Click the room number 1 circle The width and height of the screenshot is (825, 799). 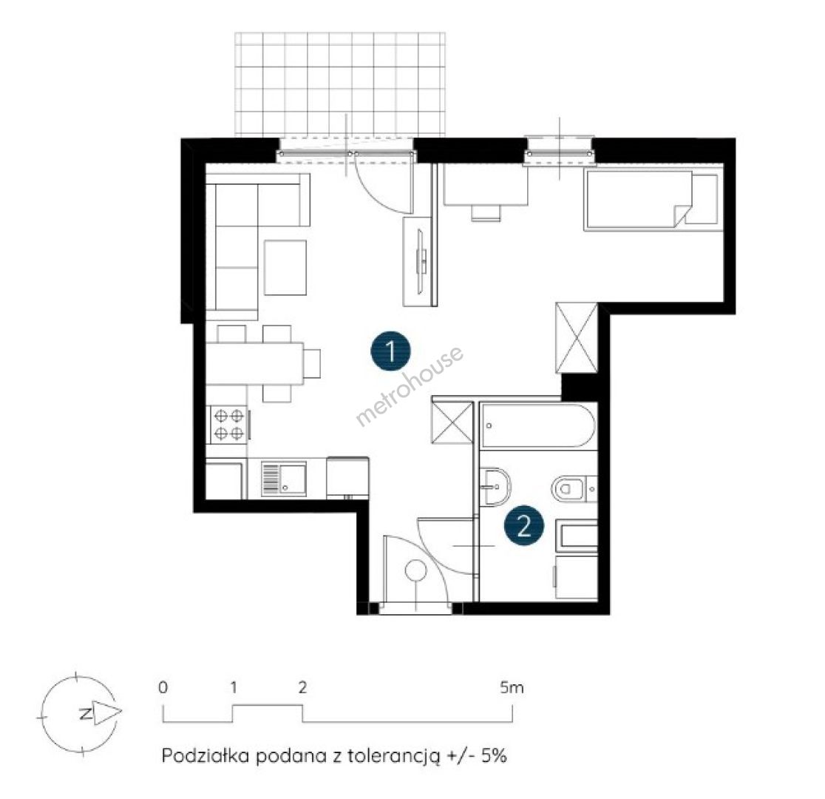(x=391, y=351)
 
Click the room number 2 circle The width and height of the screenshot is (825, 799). (x=523, y=525)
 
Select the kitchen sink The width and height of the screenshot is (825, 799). (x=284, y=479)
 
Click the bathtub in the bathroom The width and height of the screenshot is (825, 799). (x=538, y=425)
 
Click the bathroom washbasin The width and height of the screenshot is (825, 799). (x=495, y=487)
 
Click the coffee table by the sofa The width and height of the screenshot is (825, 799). (x=285, y=268)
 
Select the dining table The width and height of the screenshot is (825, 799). (x=254, y=363)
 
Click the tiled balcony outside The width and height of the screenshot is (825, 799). (x=340, y=84)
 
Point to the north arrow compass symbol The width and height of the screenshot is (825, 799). (x=80, y=714)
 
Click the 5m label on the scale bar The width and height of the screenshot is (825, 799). (x=512, y=687)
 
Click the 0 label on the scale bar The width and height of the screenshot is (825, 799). (x=163, y=687)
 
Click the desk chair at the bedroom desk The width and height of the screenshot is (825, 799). (x=485, y=213)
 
